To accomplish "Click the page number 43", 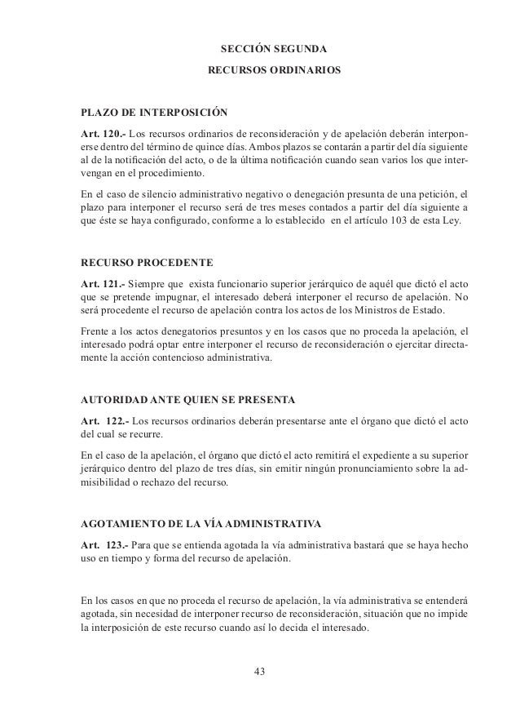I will [260, 671].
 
